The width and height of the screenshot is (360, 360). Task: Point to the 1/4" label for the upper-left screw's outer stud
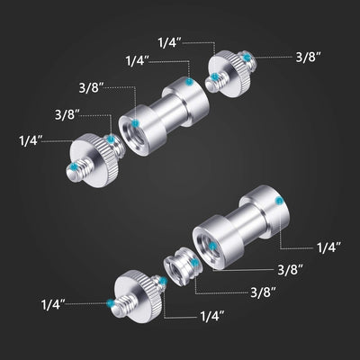[x=31, y=139]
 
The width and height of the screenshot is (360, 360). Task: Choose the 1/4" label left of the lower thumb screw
[x=54, y=305]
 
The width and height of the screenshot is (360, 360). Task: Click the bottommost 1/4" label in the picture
[x=212, y=317]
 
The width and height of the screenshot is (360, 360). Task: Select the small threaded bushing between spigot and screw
[x=175, y=268]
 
